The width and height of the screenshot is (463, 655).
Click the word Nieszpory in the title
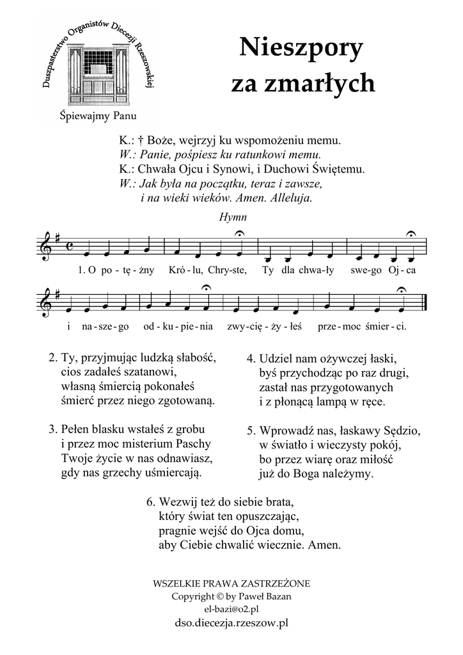(301, 47)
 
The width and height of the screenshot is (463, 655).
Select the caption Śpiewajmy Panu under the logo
(97, 116)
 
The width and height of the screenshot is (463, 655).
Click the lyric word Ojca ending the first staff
(402, 271)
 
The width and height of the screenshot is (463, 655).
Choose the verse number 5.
(251, 431)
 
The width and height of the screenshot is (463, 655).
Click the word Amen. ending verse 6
(325, 546)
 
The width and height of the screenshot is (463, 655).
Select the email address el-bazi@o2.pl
(231, 609)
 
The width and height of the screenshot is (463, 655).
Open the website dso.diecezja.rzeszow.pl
(231, 622)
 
